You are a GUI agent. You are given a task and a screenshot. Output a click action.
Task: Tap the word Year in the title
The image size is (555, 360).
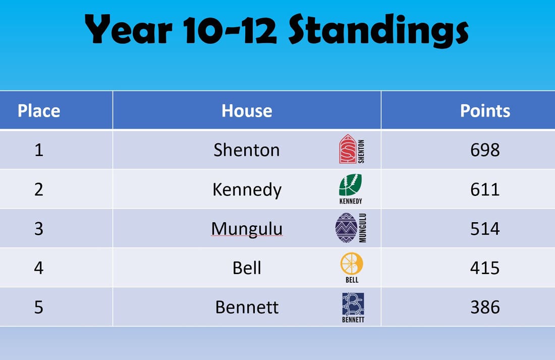[x=128, y=30]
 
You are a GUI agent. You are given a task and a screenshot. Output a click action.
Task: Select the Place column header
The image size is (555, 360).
[x=39, y=111]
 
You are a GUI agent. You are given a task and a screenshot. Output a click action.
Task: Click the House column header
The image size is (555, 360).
[x=247, y=111]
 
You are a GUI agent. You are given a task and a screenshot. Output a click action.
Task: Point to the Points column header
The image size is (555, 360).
[x=485, y=111]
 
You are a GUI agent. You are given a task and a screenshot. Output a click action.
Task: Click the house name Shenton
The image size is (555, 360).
[x=247, y=150]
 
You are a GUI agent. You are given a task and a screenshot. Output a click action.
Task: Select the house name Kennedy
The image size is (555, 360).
[x=247, y=190]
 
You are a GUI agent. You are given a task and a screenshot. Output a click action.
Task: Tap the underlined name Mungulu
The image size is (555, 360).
[x=247, y=229]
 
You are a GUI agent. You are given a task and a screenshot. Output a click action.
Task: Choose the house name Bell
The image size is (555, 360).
[x=247, y=268]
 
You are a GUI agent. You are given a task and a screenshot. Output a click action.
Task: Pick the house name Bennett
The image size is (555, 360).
[x=247, y=307]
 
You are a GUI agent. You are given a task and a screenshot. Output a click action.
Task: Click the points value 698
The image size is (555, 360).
[x=485, y=150]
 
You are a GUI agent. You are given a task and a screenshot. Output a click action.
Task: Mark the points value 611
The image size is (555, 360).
[x=485, y=189]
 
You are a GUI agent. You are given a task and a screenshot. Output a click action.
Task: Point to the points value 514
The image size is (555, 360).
[x=485, y=229]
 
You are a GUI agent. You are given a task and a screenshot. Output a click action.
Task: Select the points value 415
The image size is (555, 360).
[x=485, y=268]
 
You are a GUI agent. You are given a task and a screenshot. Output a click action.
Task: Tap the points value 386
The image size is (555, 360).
[x=485, y=307]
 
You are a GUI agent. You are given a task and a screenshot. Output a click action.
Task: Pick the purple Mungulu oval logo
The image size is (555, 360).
[x=346, y=228]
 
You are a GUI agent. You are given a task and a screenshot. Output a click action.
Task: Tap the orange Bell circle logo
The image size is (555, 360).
[x=352, y=264]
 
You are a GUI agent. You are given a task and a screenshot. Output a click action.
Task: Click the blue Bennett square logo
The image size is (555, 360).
[x=353, y=304]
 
